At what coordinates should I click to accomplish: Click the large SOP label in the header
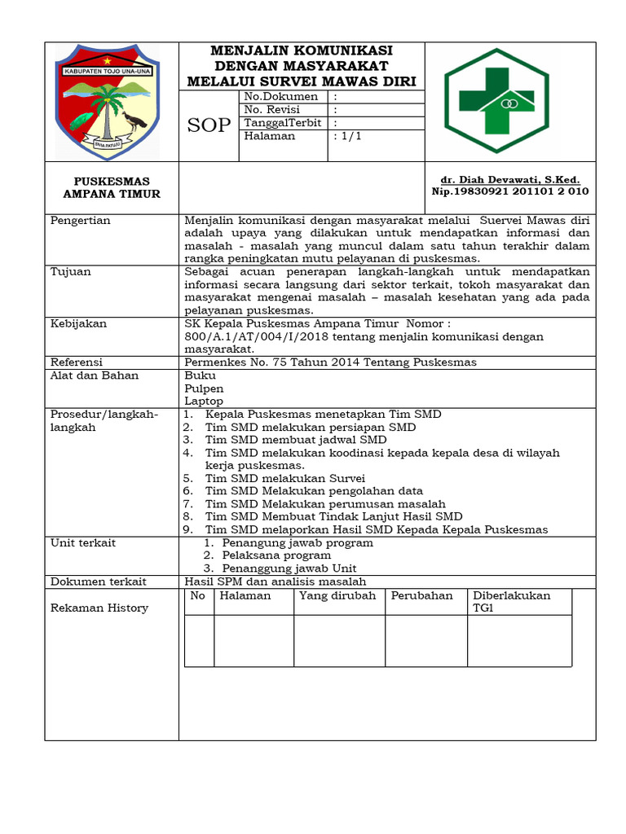pyautogui.click(x=209, y=125)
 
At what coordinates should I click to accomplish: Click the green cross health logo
pyautogui.click(x=510, y=101)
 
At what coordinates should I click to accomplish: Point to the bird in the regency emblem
pyautogui.click(x=134, y=122)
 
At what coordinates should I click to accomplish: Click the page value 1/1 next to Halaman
pyautogui.click(x=347, y=137)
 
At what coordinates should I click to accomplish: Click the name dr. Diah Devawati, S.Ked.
pyautogui.click(x=510, y=179)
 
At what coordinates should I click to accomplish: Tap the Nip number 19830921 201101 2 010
pyautogui.click(x=509, y=191)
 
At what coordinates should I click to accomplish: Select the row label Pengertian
pyautogui.click(x=81, y=221)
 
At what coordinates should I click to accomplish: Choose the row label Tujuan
pyautogui.click(x=71, y=272)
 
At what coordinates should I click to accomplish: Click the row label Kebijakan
pyautogui.click(x=78, y=323)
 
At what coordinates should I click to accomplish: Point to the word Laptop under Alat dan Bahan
pyautogui.click(x=204, y=401)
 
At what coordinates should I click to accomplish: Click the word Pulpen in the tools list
pyautogui.click(x=204, y=388)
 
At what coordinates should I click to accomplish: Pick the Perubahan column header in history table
pyautogui.click(x=421, y=595)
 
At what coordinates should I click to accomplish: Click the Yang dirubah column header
pyautogui.click(x=337, y=595)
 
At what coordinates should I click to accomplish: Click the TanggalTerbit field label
pyautogui.click(x=283, y=123)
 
